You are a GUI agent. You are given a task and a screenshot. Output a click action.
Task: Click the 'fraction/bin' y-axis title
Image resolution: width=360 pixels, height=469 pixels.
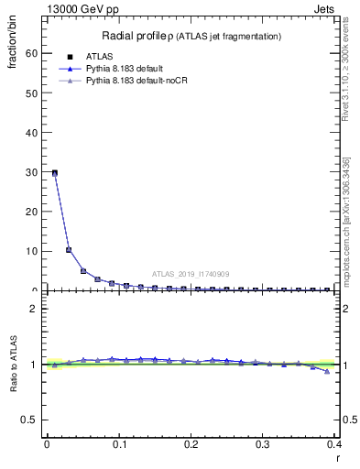point(14,51)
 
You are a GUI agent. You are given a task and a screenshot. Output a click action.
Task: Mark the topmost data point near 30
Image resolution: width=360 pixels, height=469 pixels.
point(54,172)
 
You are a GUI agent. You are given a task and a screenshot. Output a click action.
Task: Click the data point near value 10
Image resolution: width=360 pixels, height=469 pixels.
point(69,249)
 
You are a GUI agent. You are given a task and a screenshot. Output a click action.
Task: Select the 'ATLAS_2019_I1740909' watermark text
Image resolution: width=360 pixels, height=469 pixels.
point(191,274)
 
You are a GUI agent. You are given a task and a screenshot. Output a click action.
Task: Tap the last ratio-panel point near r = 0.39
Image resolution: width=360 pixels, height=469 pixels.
point(327,371)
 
